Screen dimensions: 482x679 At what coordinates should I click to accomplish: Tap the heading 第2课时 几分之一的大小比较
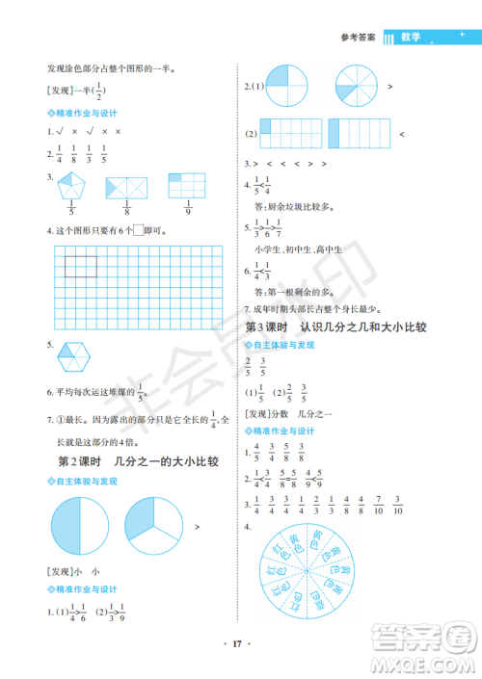point(139,461)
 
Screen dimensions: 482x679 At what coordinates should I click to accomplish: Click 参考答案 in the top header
point(359,39)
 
